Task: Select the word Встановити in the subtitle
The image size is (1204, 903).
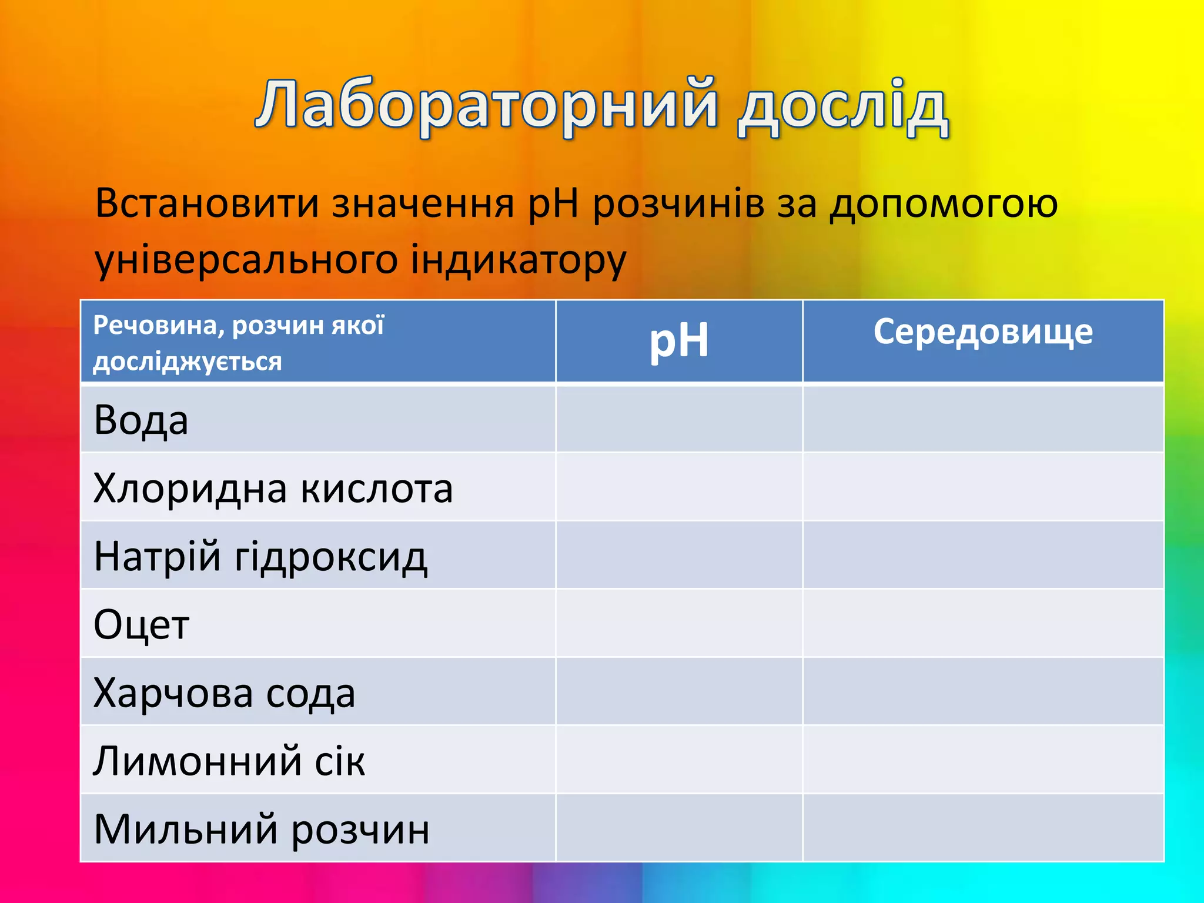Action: pyautogui.click(x=207, y=203)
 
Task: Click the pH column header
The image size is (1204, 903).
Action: pyautogui.click(x=679, y=341)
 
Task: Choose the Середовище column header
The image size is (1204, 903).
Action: pyautogui.click(x=983, y=332)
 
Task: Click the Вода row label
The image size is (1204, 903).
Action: pyautogui.click(x=141, y=420)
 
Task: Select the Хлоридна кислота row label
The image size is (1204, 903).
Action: pyautogui.click(x=273, y=488)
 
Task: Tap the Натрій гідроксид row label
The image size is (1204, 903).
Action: pyautogui.click(x=260, y=556)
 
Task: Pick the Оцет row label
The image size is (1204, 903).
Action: pyautogui.click(x=142, y=624)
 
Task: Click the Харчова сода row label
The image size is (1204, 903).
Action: pyautogui.click(x=224, y=693)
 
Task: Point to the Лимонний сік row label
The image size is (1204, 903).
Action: pyautogui.click(x=229, y=761)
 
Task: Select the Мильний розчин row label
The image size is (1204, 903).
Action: pyautogui.click(x=261, y=829)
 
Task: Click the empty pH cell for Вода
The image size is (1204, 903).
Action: pyautogui.click(x=679, y=419)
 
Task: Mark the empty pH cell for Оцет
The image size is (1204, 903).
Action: pyautogui.click(x=679, y=623)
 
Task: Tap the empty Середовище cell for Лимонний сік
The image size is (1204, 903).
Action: pyautogui.click(x=983, y=760)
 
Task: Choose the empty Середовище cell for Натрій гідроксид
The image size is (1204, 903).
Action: pyautogui.click(x=983, y=555)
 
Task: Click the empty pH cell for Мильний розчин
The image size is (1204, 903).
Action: pyautogui.click(x=679, y=828)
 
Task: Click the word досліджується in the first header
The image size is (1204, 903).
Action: pyautogui.click(x=188, y=362)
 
